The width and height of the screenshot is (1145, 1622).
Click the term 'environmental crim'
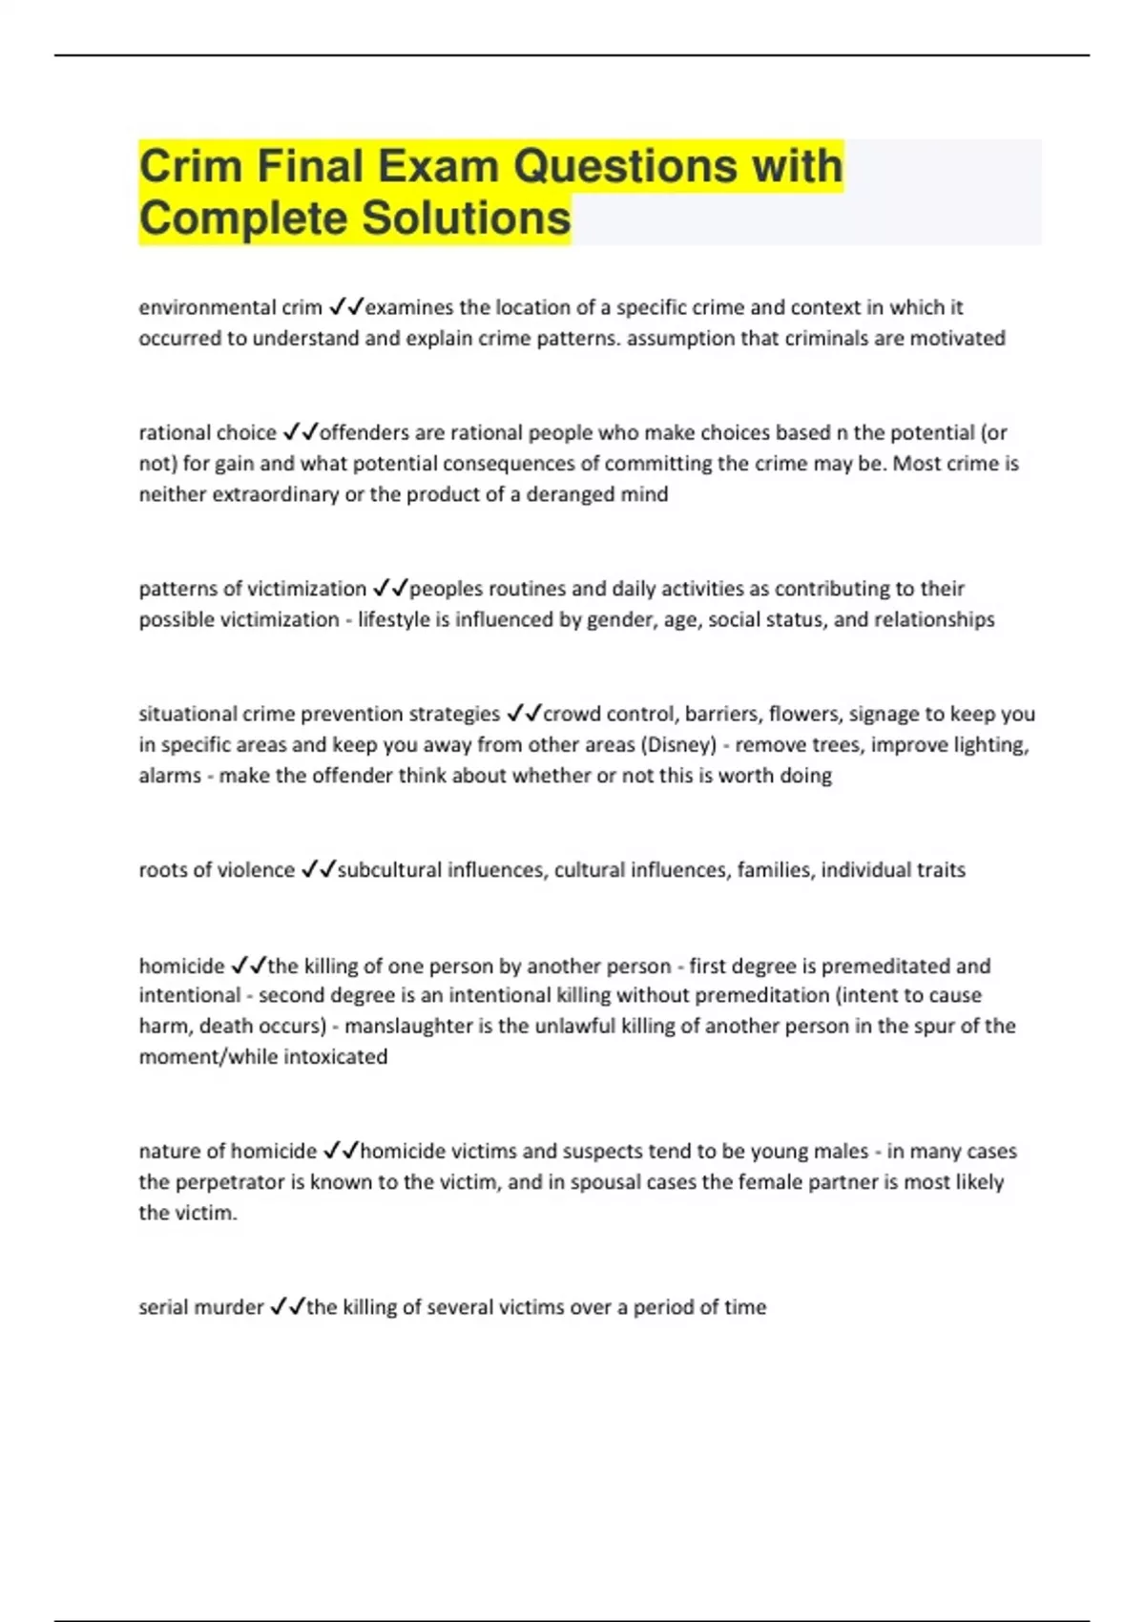pos(230,307)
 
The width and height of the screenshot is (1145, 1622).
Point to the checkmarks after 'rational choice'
pos(300,432)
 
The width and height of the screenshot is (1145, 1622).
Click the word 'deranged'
pos(571,494)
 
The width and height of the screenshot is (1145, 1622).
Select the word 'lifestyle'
pos(394,619)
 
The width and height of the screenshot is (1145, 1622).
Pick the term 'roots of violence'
pos(217,869)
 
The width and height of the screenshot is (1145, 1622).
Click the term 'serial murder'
pos(200,1306)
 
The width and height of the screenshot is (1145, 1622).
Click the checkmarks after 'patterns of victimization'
pos(390,589)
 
